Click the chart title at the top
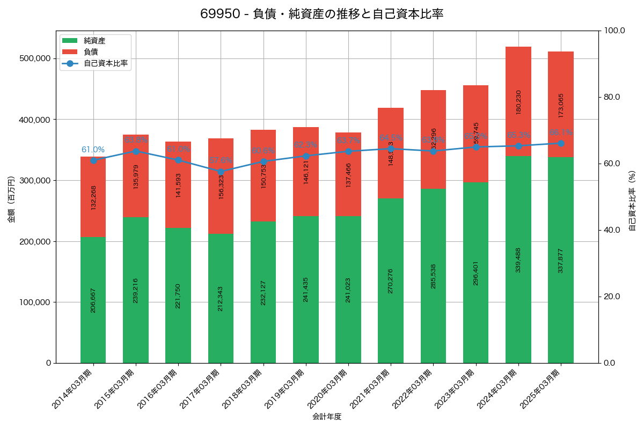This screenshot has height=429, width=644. pyautogui.click(x=321, y=14)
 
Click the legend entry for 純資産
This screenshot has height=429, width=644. pyautogui.click(x=94, y=40)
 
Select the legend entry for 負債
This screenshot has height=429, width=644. pyautogui.click(x=91, y=51)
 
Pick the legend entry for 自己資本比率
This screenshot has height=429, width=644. pyautogui.click(x=105, y=63)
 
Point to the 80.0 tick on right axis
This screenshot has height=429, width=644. pyautogui.click(x=611, y=97)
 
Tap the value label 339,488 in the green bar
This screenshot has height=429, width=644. pyautogui.click(x=518, y=260)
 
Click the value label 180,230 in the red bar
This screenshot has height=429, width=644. pyautogui.click(x=518, y=102)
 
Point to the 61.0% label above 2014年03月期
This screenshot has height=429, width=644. pyautogui.click(x=93, y=150)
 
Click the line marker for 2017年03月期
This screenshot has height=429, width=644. pyautogui.click(x=221, y=172)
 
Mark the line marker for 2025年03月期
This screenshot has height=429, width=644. pyautogui.click(x=561, y=143)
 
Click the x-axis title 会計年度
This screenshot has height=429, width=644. pyautogui.click(x=327, y=416)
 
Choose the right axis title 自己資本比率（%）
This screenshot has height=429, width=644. pyautogui.click(x=632, y=201)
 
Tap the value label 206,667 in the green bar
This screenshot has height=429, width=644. pyautogui.click(x=93, y=300)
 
